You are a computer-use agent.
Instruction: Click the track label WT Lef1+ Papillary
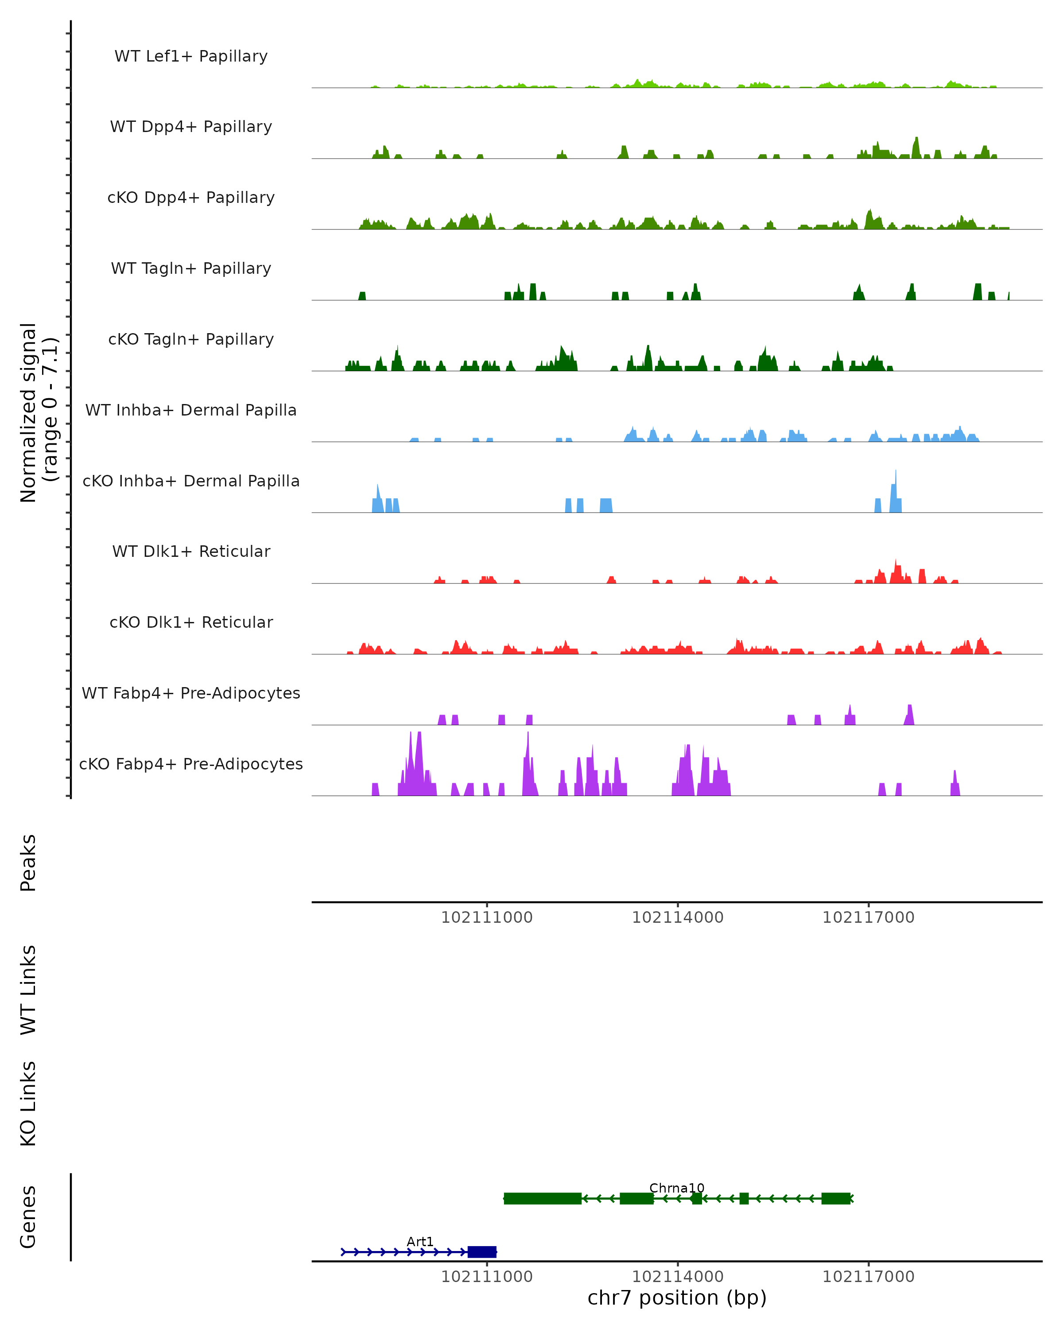pos(191,56)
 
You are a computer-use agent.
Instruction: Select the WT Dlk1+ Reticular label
pos(191,551)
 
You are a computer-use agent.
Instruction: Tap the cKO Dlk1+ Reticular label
pos(191,622)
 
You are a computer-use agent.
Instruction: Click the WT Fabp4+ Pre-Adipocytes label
pos(191,693)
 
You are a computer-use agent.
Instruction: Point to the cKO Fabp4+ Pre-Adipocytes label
pos(191,764)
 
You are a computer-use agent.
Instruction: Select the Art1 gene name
pos(420,1241)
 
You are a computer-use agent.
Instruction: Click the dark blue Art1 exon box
pos(482,1252)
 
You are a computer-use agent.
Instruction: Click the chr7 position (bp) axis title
pos(677,1298)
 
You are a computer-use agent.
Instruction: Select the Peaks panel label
pos(28,863)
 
